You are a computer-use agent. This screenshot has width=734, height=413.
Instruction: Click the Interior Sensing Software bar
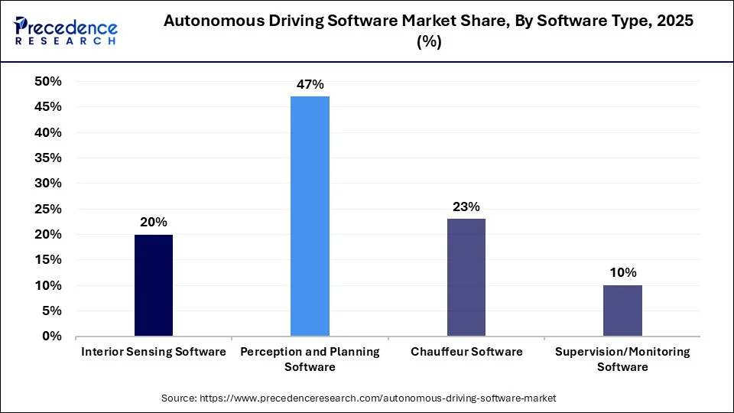click(x=153, y=285)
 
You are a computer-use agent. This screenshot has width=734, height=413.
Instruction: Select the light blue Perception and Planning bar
click(x=310, y=216)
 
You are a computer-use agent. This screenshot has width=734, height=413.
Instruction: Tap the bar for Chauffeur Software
click(x=466, y=278)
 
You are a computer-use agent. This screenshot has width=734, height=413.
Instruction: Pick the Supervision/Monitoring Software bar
click(x=622, y=311)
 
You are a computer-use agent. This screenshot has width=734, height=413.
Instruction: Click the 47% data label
click(x=310, y=84)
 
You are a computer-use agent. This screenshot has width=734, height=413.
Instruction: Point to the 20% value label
click(x=153, y=222)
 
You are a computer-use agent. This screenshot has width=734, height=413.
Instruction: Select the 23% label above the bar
click(x=466, y=206)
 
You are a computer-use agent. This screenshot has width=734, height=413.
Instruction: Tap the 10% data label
click(x=622, y=272)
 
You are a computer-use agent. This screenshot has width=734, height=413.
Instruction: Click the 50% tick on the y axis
click(x=47, y=82)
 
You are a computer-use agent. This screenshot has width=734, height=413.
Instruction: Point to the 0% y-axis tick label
click(x=51, y=337)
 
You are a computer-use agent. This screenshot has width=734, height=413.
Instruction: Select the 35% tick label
click(x=47, y=158)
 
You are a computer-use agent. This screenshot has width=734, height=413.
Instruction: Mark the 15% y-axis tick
click(x=47, y=260)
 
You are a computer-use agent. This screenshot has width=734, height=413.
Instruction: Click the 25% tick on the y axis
click(x=47, y=209)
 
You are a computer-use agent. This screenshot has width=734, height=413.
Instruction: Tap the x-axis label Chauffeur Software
click(x=466, y=352)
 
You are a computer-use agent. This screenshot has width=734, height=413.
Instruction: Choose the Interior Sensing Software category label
click(x=154, y=352)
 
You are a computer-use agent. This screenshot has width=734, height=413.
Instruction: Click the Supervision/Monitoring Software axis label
click(x=622, y=359)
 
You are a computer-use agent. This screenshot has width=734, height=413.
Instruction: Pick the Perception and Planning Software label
click(x=310, y=359)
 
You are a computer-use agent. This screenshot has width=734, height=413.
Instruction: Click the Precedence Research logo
click(x=66, y=29)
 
